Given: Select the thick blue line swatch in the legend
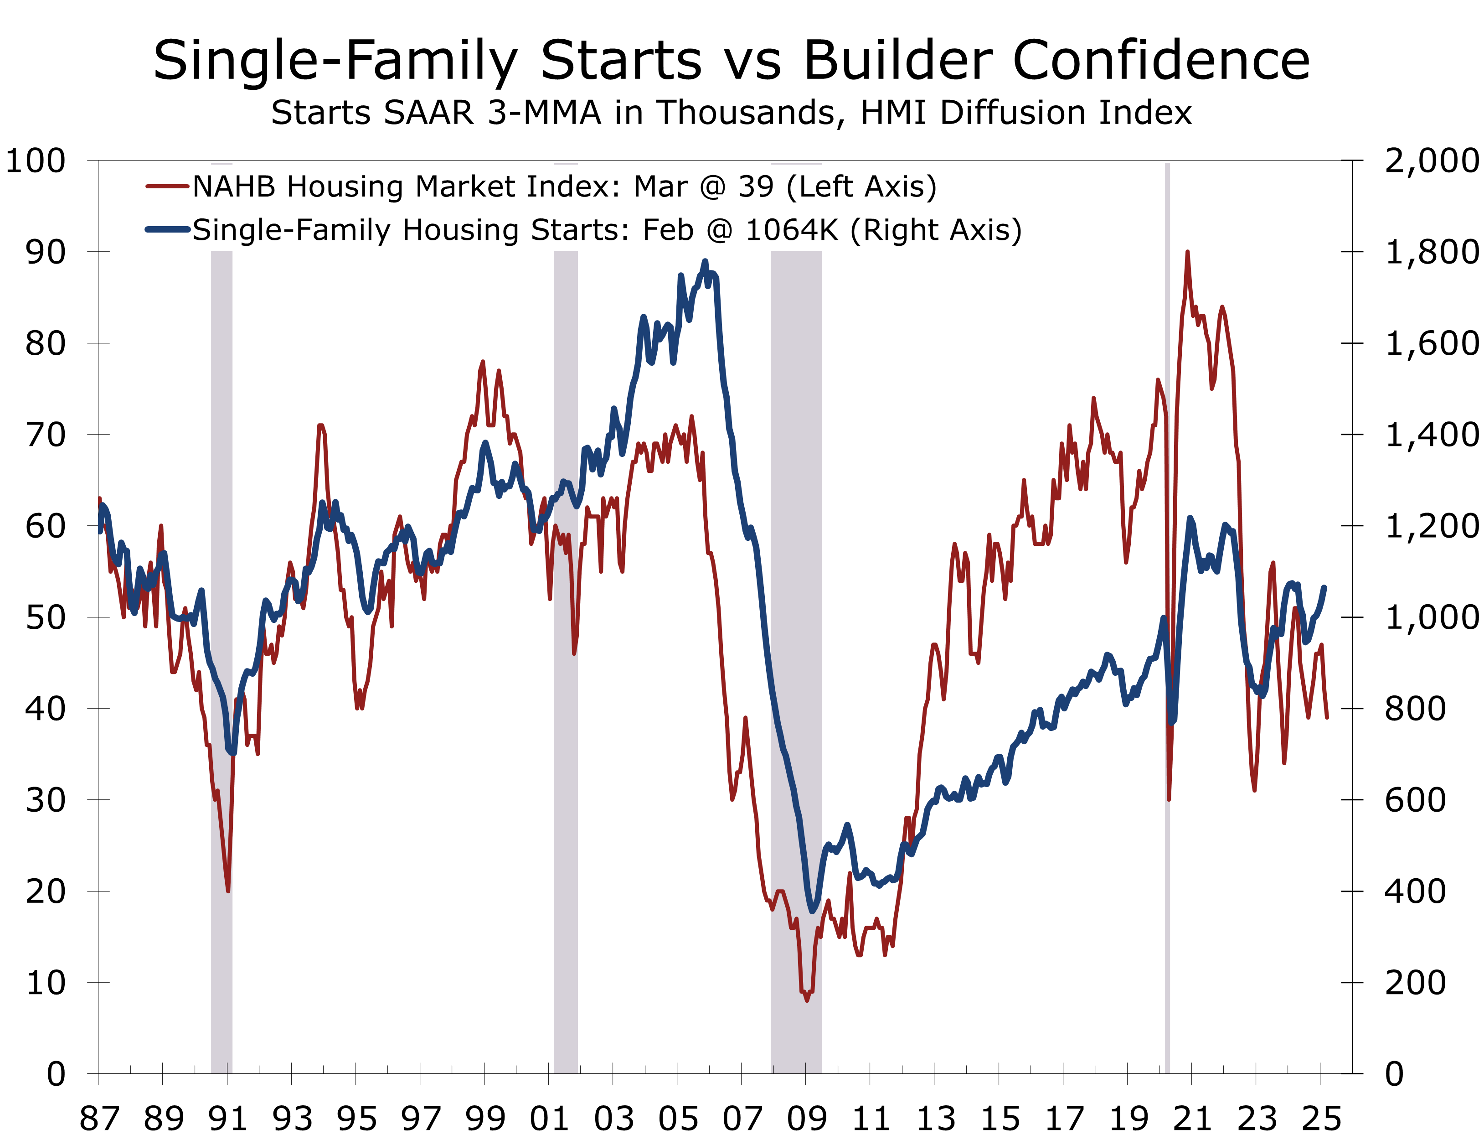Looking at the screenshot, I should click(x=167, y=230).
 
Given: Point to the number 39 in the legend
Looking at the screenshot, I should click(x=756, y=187).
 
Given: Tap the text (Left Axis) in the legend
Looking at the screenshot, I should click(x=861, y=187).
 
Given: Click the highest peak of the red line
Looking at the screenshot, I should click(x=1188, y=253).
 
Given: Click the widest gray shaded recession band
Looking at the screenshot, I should click(x=796, y=611).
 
